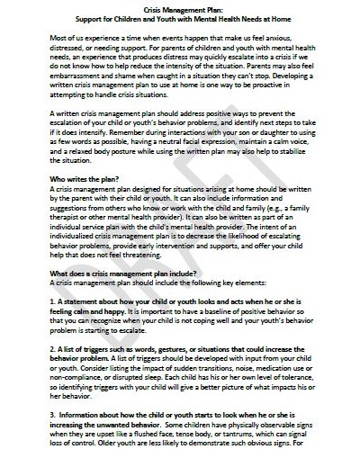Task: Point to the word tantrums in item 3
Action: pos(227,437)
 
